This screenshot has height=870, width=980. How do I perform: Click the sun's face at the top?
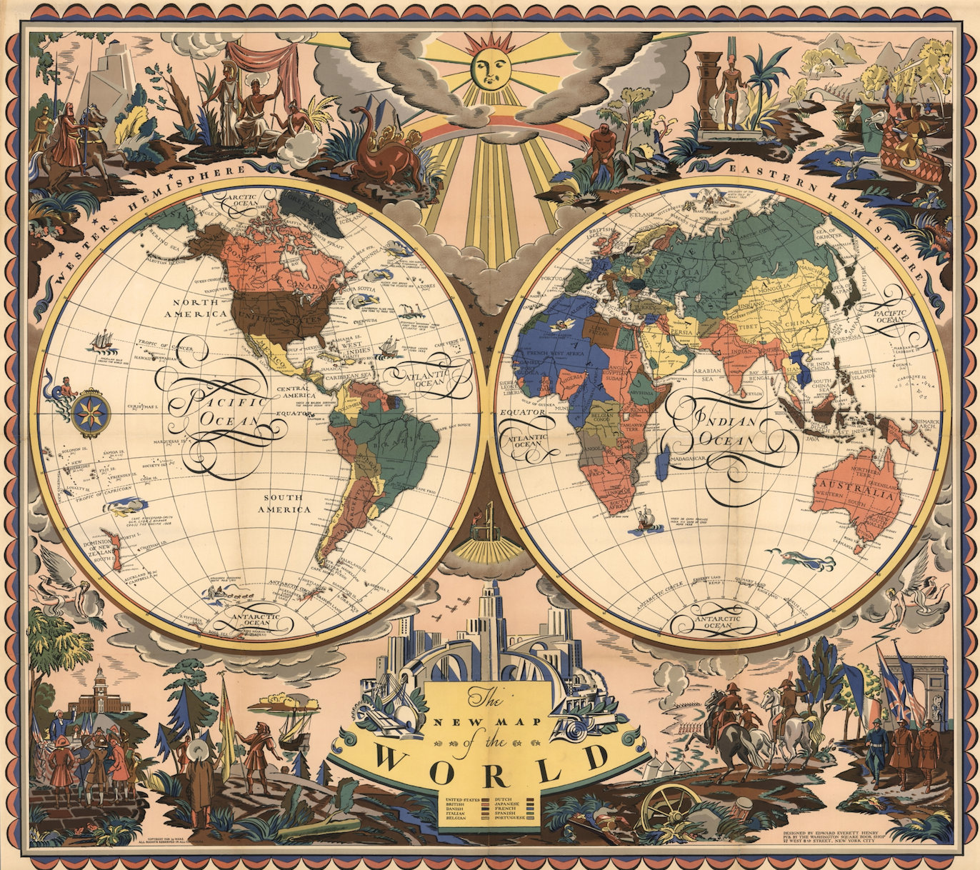tap(490, 68)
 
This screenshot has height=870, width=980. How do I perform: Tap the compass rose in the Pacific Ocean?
tap(91, 413)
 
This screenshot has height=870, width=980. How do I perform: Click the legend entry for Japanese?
tap(509, 804)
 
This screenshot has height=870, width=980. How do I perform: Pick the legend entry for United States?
tap(461, 798)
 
